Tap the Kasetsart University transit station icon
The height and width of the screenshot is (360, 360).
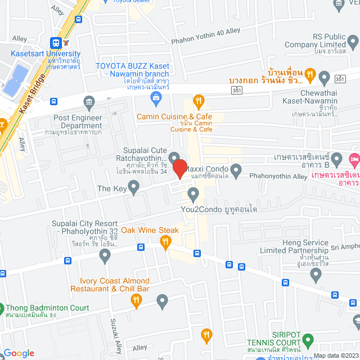pos(56,43)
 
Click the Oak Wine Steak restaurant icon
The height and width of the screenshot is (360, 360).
pos(165,243)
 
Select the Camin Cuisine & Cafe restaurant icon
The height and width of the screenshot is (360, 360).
pos(198,101)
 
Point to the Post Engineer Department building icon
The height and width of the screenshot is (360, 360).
pos(89,102)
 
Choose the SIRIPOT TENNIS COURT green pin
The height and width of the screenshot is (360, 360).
pos(308,340)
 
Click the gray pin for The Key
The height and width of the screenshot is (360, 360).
pos(133,188)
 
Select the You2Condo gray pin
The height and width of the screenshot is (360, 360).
pos(194,195)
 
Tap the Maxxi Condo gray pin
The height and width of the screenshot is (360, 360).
pos(236,169)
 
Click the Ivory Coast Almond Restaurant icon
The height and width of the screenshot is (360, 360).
pos(136,301)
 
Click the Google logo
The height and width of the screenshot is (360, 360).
pos(19,353)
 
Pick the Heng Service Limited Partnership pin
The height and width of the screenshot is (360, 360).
pos(316,274)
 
